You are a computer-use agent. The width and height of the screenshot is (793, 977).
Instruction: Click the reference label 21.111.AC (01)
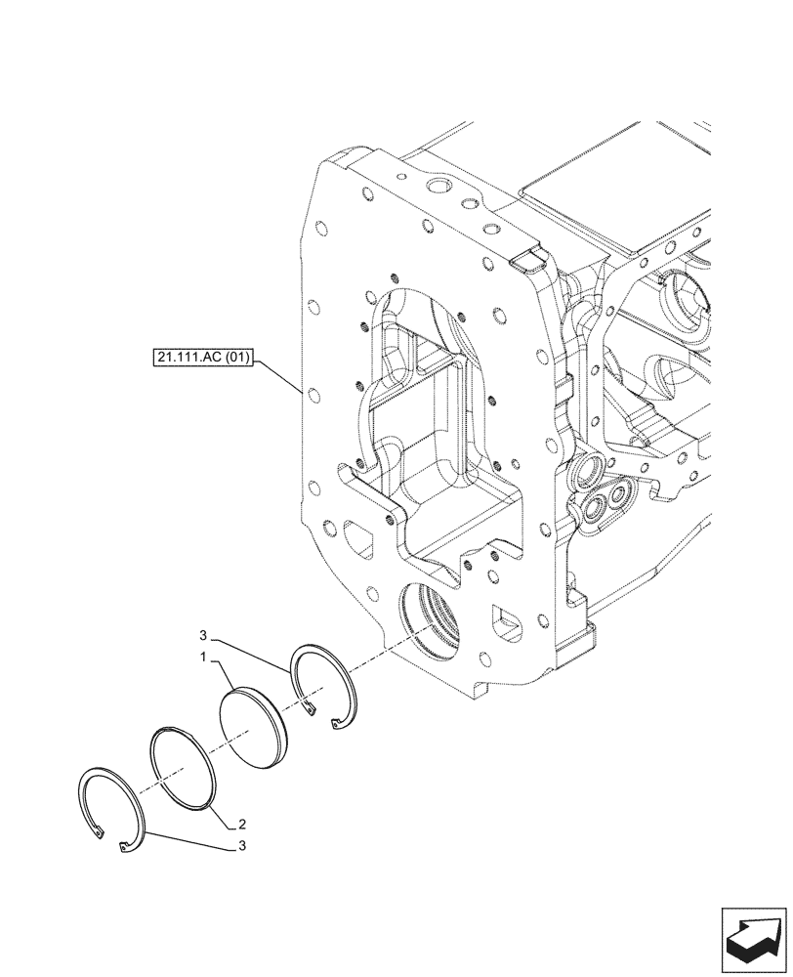coord(202,359)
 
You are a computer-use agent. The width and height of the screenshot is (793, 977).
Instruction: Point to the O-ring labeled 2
coord(184,768)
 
